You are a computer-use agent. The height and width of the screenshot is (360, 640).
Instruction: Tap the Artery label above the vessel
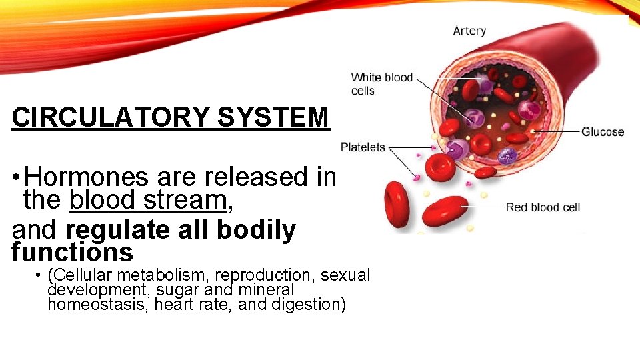pos(469,31)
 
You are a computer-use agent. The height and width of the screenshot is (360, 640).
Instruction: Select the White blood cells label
pos(381,84)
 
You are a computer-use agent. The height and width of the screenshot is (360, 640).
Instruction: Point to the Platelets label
pos(363,147)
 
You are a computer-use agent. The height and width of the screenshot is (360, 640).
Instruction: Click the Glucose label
pos(603,131)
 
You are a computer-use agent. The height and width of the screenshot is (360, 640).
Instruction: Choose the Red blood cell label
pos(543,207)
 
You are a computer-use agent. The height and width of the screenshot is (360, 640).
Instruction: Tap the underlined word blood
pos(100,200)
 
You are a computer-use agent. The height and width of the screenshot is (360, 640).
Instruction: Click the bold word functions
pos(73,253)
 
